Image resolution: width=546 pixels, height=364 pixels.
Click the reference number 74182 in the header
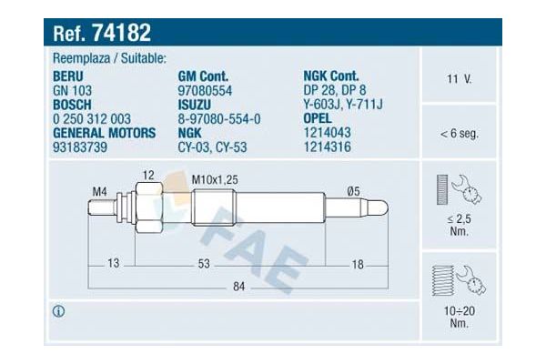pos(121,33)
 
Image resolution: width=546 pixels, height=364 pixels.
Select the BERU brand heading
pos(68,76)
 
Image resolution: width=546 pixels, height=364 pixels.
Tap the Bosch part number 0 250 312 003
pos(92,119)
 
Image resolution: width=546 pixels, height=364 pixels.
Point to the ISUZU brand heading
pos(195,105)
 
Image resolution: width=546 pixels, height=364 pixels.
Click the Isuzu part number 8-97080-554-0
pos(219,119)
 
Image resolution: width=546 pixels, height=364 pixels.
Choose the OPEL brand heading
pos(318,118)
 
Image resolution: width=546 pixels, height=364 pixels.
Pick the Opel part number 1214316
pos(328,147)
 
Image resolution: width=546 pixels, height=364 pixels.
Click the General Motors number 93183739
pos(80,147)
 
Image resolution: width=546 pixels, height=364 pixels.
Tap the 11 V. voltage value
pos(459,79)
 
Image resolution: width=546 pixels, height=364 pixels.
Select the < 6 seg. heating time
pos(459,134)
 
